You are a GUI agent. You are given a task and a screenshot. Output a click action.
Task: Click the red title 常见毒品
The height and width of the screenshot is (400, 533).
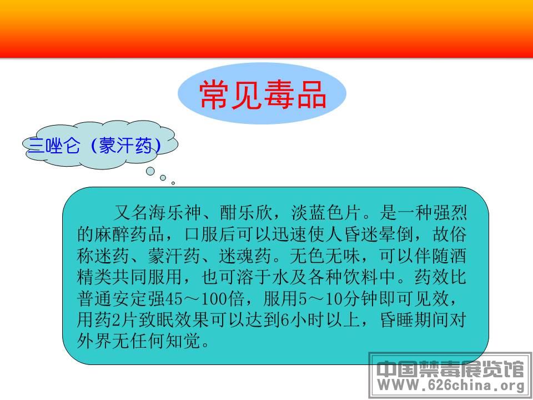[263, 95]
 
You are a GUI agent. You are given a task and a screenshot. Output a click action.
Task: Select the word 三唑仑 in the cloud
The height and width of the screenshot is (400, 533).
[54, 146]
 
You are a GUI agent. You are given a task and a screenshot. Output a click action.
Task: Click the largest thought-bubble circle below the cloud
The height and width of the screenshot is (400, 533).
[150, 171]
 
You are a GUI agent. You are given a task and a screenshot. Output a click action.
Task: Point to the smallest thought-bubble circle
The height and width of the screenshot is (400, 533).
[173, 183]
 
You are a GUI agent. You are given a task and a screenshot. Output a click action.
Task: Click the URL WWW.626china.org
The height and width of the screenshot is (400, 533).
[451, 386]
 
